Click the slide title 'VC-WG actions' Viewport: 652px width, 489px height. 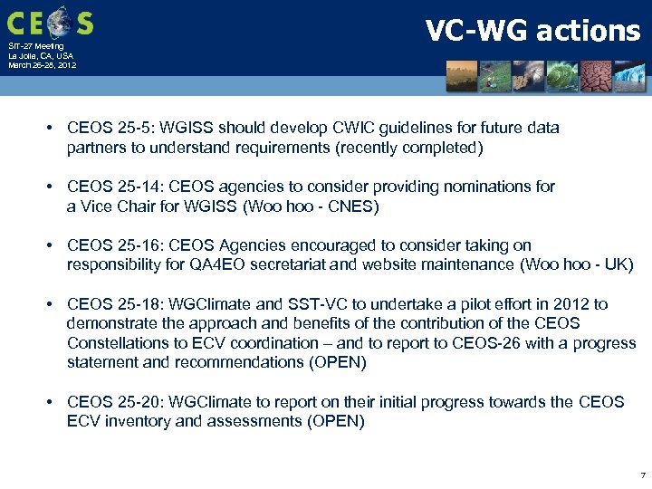532,31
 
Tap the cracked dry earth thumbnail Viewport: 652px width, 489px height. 596,77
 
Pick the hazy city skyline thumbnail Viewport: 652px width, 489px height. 462,77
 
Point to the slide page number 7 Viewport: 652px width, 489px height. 642,475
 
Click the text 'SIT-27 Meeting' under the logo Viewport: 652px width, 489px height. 36,46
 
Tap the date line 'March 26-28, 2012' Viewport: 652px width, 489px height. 42,65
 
